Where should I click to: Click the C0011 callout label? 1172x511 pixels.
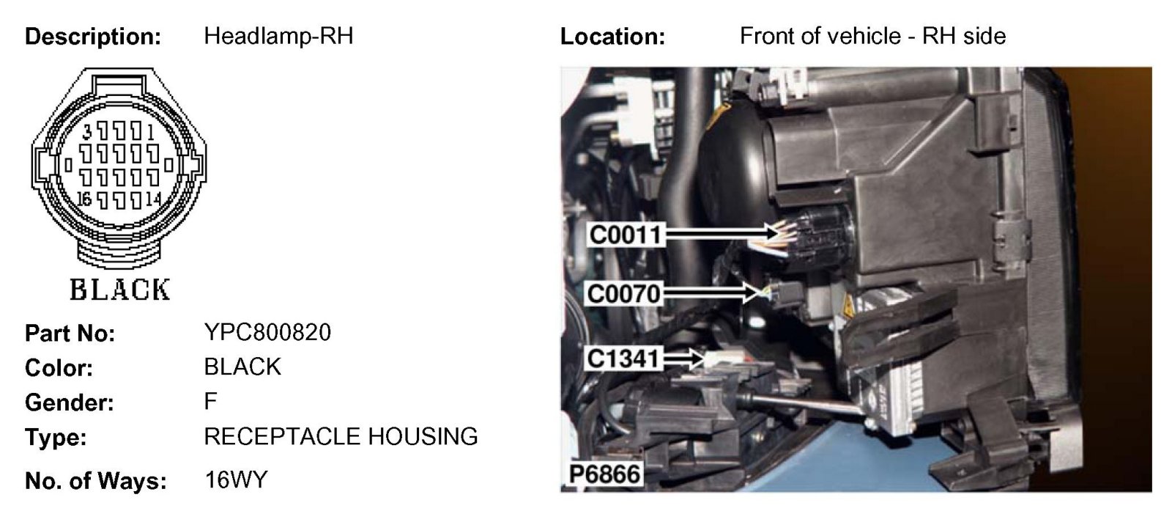click(x=626, y=235)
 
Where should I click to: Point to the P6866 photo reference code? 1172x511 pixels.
click(x=604, y=474)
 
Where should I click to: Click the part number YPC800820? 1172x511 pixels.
click(x=267, y=332)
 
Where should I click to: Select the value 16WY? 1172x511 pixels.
click(x=236, y=480)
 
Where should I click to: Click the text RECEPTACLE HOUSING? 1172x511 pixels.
click(x=341, y=437)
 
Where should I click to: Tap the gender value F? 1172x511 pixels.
click(x=211, y=402)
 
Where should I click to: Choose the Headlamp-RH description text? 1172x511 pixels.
click(x=278, y=36)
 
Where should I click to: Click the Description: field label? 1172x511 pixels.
click(x=93, y=37)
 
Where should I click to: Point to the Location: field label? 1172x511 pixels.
click(x=612, y=37)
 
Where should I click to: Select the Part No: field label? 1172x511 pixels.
click(x=70, y=334)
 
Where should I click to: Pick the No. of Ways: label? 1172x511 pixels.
click(x=96, y=481)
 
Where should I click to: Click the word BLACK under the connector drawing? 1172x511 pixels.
click(x=119, y=290)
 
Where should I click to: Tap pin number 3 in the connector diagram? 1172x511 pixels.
click(x=87, y=132)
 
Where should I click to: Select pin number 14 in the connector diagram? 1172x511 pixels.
click(x=153, y=199)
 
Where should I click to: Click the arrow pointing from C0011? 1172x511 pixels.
click(x=721, y=234)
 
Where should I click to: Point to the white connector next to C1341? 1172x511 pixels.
click(x=717, y=359)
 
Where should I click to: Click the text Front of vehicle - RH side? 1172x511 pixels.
click(x=872, y=36)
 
